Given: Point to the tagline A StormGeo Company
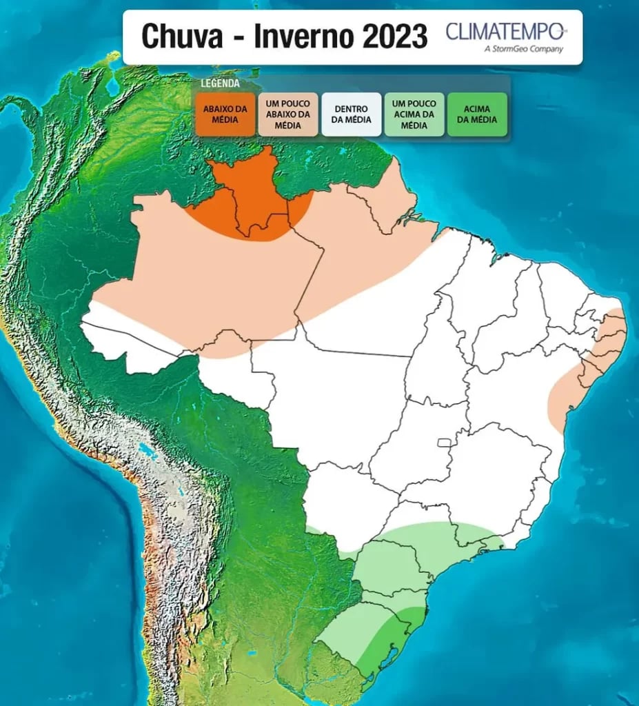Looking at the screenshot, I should tap(524, 49).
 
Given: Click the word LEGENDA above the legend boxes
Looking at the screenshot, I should tap(220, 83).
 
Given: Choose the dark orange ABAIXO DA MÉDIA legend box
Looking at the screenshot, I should tap(225, 114).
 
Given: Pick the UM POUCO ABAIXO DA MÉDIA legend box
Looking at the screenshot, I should tap(288, 114).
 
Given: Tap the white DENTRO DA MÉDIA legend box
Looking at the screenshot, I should tap(351, 114).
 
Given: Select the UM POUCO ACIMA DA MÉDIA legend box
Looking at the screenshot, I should tap(414, 114).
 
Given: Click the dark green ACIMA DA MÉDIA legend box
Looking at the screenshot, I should tap(476, 114).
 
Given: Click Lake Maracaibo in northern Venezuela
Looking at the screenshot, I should tap(112, 86).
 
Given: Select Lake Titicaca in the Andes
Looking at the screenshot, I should tap(147, 452).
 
